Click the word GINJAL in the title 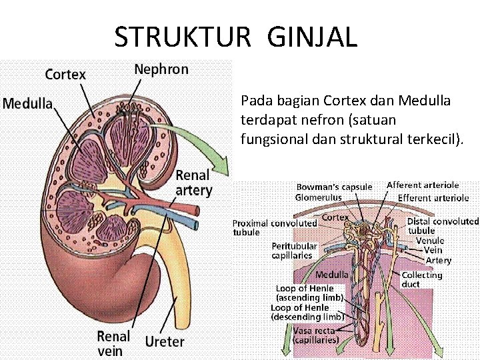tap(312, 37)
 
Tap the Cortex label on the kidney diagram tap(65, 74)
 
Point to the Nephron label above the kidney tap(161, 69)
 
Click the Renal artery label tap(193, 183)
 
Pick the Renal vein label tap(113, 343)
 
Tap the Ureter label tap(165, 341)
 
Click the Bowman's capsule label tap(334, 187)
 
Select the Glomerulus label tap(319, 197)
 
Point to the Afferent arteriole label tap(423, 185)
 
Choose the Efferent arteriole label tap(433, 198)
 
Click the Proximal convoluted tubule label tap(274, 227)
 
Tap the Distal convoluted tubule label tap(443, 225)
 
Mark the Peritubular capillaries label tap(292, 251)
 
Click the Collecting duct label tap(421, 279)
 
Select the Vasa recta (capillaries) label tap(316, 335)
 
